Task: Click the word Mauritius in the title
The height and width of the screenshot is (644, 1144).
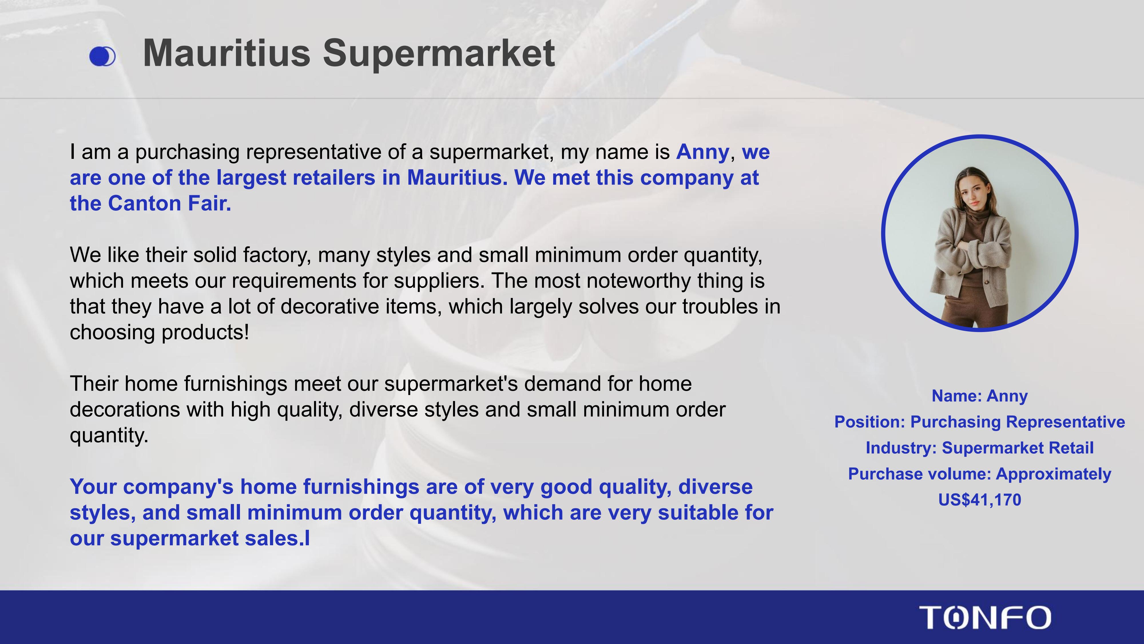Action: pos(227,53)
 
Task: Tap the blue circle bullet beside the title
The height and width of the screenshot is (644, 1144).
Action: pos(102,56)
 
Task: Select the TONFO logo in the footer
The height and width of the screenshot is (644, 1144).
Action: pos(985,617)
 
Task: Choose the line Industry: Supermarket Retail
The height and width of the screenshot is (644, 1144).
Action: pos(980,448)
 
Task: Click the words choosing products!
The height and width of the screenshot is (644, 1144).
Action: pos(159,332)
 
